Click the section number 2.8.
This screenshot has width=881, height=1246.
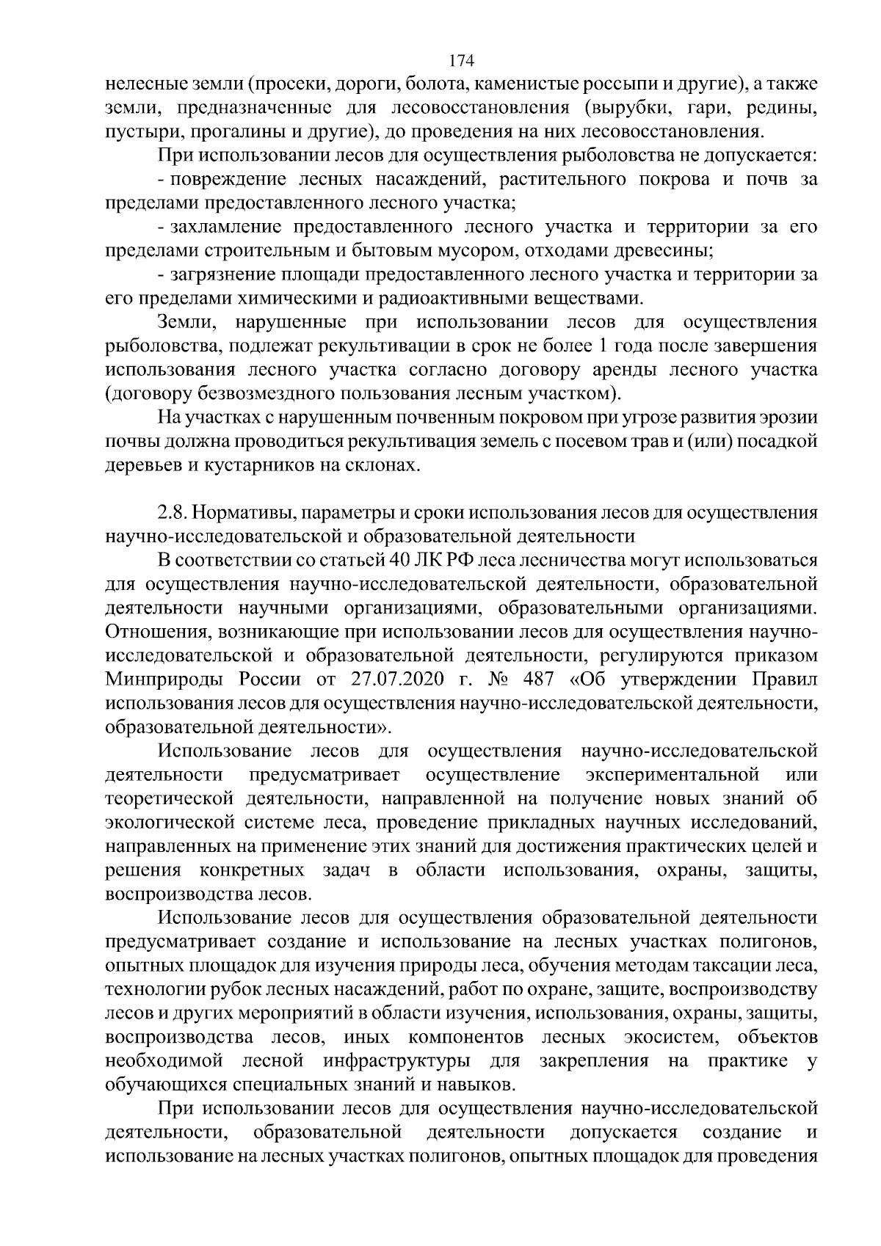pyautogui.click(x=172, y=513)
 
